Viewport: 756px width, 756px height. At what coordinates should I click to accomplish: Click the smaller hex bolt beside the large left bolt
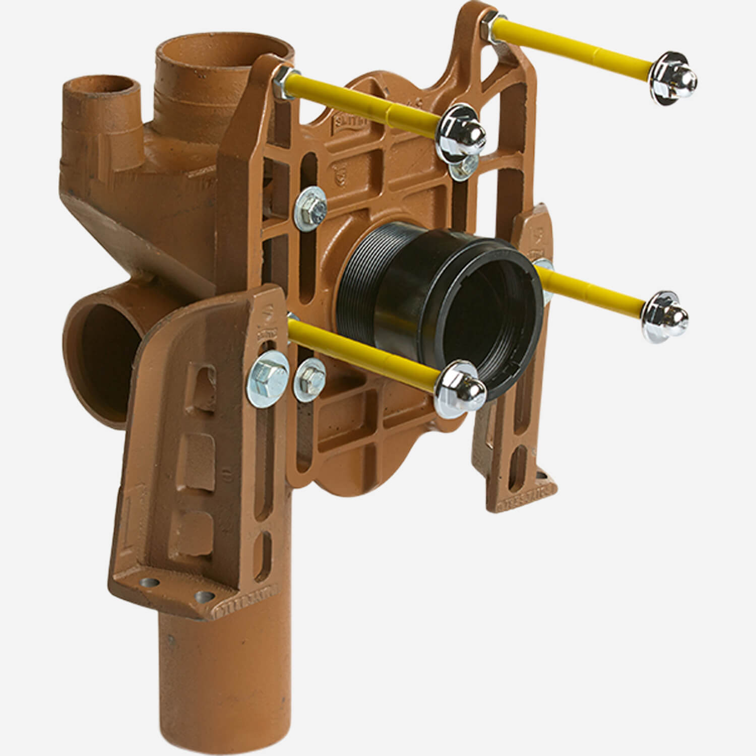pos(307,373)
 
